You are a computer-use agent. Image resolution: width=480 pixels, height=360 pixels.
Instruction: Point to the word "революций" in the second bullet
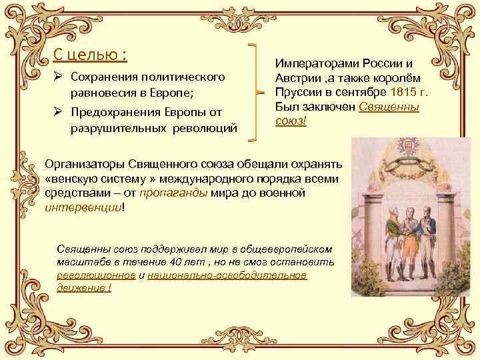[204, 128]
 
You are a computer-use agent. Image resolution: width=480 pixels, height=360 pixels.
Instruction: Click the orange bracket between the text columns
[255, 93]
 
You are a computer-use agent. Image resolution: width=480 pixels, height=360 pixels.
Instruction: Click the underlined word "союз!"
[291, 122]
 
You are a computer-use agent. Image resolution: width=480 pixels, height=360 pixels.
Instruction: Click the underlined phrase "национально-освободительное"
[227, 275]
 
